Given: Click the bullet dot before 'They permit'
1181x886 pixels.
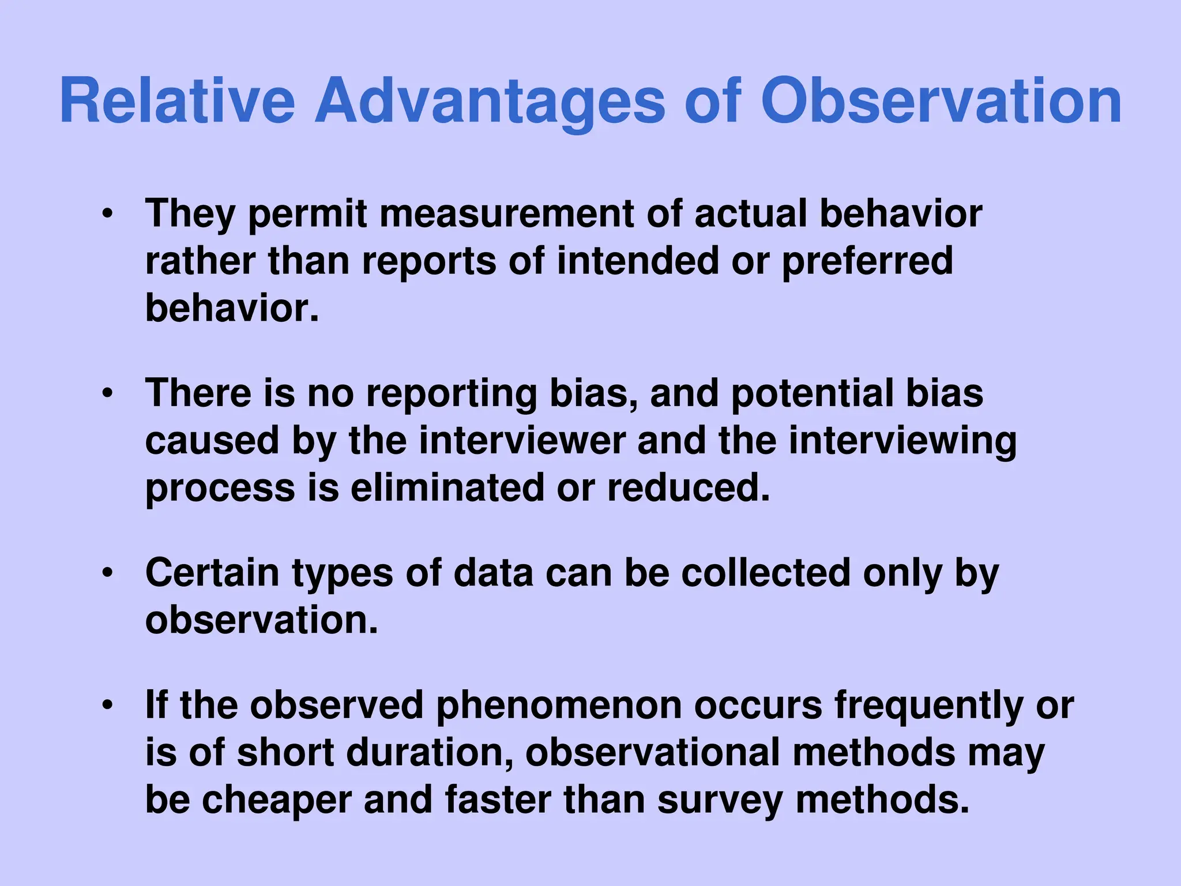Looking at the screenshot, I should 107,215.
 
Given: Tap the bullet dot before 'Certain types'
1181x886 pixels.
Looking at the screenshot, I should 107,574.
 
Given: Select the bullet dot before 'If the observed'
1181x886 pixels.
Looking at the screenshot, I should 107,706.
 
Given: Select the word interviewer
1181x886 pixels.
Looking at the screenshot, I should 521,441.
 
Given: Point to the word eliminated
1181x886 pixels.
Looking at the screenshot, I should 447,488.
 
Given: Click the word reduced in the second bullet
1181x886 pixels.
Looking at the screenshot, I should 689,488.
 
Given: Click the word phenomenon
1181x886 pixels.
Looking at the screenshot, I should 559,705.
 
